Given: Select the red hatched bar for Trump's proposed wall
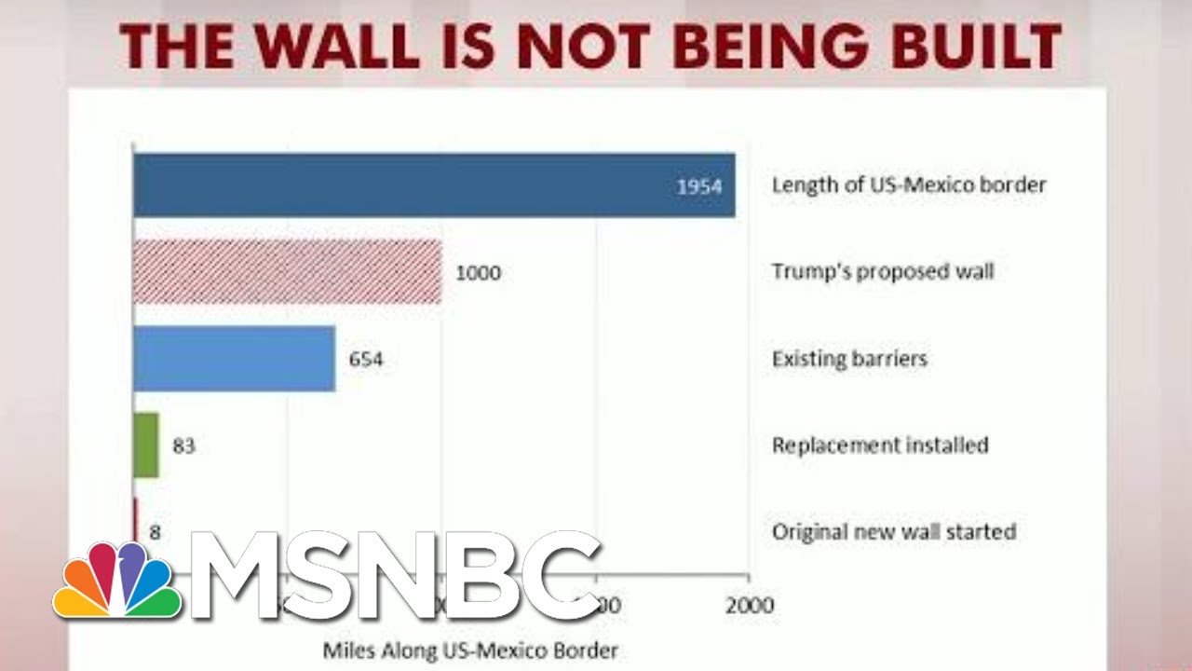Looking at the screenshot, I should coord(287,272).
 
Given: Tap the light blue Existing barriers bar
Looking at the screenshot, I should coord(234,359).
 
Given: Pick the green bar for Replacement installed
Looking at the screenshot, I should coord(146,445).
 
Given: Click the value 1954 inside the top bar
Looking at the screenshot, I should coord(699,186).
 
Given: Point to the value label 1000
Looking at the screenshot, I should coord(478,273).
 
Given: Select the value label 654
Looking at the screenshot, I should coord(365,359).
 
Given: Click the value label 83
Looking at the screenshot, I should coord(183,445).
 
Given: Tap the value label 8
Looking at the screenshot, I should coord(155,532).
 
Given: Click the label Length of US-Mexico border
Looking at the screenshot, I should coord(909,185).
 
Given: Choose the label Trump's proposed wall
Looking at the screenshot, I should coord(883,272).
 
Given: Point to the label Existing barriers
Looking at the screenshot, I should coord(849,358).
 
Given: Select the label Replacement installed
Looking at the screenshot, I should coord(880,445).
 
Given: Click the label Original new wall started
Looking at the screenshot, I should coord(893,532).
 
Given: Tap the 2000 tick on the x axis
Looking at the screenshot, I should coord(750,606).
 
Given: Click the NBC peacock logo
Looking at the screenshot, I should coord(116,582).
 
